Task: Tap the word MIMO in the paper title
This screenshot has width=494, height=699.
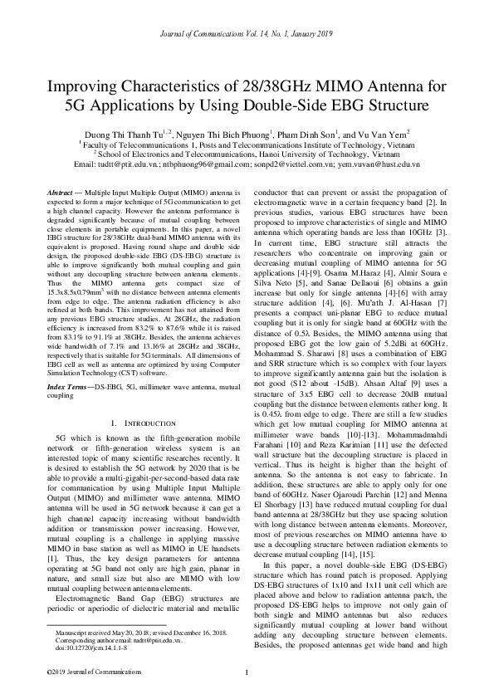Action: (345, 86)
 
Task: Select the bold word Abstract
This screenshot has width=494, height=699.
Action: (61, 192)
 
